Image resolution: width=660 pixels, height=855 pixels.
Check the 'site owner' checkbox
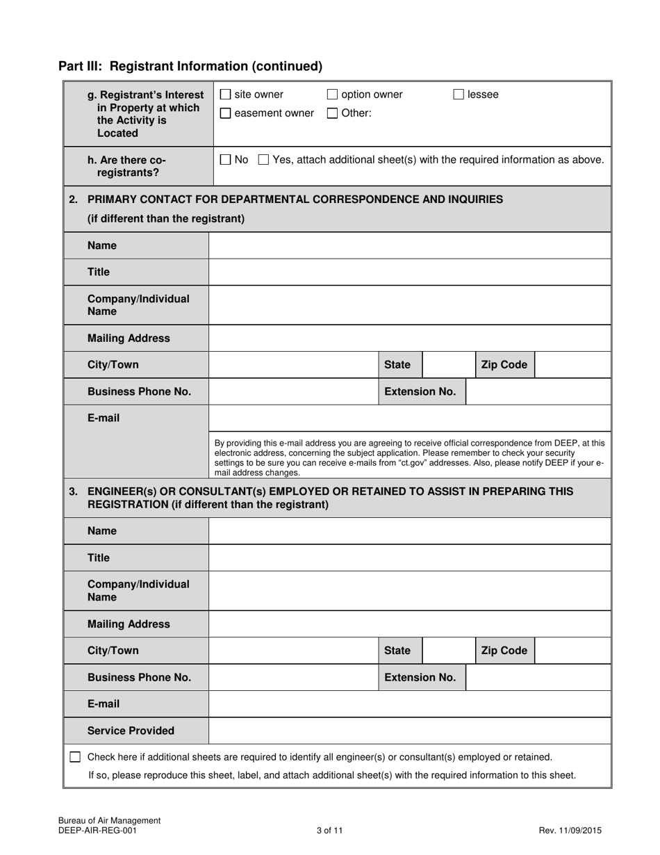(x=225, y=95)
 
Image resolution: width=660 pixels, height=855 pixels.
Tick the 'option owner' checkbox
(x=332, y=95)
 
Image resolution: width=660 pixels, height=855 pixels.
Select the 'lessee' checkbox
(x=459, y=95)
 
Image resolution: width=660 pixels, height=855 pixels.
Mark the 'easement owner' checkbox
(x=225, y=113)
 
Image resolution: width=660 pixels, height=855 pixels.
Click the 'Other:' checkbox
(x=332, y=113)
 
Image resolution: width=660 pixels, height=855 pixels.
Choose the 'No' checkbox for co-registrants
(x=225, y=160)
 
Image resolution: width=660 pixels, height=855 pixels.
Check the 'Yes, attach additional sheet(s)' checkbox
(x=263, y=160)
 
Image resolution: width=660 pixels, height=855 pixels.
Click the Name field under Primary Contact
(x=410, y=246)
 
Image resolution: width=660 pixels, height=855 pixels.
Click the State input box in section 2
(x=449, y=365)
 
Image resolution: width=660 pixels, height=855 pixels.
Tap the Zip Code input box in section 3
(x=573, y=651)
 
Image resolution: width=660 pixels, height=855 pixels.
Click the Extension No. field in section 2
(x=538, y=391)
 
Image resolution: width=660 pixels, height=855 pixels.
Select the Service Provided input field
(x=410, y=731)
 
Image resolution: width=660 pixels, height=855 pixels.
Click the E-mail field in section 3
(x=410, y=704)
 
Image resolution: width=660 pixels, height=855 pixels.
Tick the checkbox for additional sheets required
(x=75, y=757)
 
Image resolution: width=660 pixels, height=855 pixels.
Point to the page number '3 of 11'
(x=329, y=830)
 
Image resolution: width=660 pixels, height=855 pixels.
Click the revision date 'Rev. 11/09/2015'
(x=570, y=830)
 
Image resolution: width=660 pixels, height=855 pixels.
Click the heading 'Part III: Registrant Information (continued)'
(x=190, y=66)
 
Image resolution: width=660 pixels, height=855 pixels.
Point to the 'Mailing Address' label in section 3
(x=129, y=624)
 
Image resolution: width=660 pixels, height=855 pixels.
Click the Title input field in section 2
(x=410, y=272)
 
